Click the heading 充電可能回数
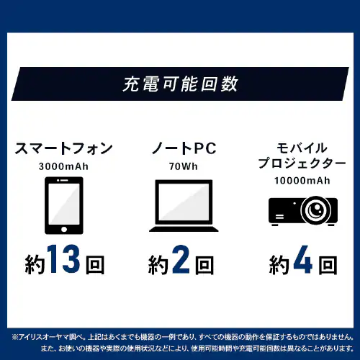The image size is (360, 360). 180,84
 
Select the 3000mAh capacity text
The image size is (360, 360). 64,166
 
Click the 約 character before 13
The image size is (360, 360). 35,264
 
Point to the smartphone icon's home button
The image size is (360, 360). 64,230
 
